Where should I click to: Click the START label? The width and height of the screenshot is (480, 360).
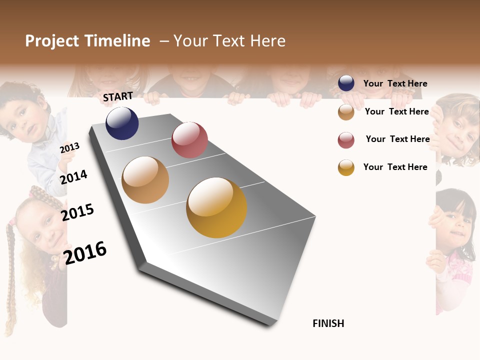[118, 96]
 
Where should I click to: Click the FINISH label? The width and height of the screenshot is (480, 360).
[328, 323]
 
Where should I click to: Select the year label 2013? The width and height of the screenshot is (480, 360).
[69, 148]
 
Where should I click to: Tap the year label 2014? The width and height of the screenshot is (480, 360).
[74, 177]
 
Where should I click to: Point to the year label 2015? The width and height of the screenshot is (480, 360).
[77, 212]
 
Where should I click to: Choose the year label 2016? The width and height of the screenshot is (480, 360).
[85, 253]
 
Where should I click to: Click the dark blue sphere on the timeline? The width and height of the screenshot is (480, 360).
[122, 123]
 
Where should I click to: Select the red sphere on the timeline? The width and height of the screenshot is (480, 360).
[189, 140]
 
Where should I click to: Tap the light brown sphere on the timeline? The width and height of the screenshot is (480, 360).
[145, 180]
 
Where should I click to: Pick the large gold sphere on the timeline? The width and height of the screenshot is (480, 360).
[216, 207]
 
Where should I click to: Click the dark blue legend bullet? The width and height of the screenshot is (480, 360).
[346, 83]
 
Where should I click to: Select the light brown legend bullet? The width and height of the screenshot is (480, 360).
[346, 112]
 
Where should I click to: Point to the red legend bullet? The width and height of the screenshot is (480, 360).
[346, 140]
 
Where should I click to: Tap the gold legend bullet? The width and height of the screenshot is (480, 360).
[346, 167]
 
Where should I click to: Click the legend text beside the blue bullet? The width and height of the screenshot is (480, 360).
[395, 83]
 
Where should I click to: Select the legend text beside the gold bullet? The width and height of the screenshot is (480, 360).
[395, 167]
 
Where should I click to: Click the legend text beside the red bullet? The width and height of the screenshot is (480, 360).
[397, 139]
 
